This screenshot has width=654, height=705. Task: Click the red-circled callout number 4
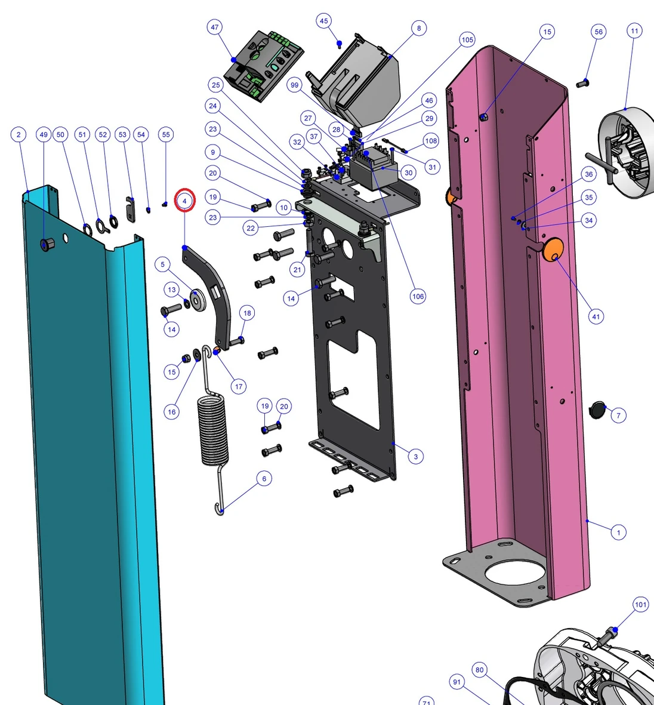[x=185, y=201]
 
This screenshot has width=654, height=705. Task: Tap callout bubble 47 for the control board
[x=215, y=27]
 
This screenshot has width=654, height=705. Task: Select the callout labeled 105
[x=467, y=39]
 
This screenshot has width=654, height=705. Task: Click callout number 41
[x=596, y=316]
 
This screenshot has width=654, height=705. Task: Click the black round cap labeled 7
[x=597, y=410]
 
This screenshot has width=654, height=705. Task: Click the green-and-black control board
[x=263, y=66]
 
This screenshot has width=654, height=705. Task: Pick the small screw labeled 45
[x=340, y=45]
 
